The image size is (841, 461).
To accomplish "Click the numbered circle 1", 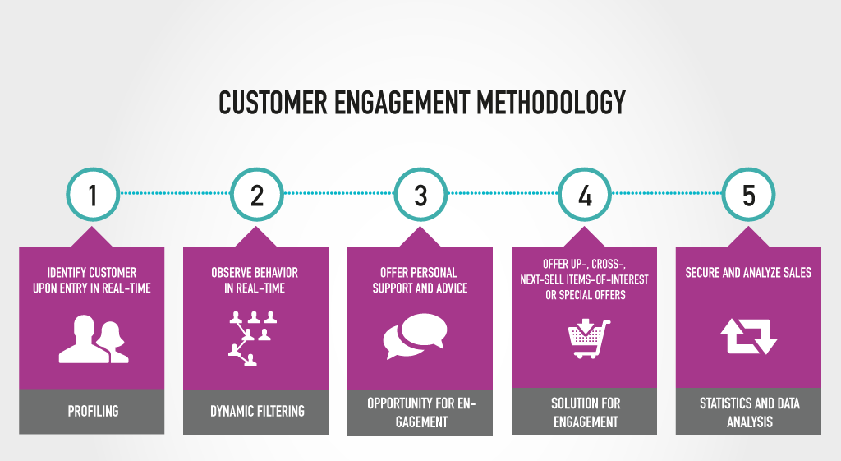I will click(93, 195).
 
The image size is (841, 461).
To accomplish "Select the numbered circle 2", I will click(257, 195).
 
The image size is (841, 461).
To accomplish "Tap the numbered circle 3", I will click(420, 195).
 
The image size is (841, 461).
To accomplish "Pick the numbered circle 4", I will click(585, 195).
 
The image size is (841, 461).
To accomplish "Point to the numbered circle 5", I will click(748, 195).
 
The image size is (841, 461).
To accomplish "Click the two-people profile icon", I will click(93, 339).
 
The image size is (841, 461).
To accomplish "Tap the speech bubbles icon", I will click(416, 337).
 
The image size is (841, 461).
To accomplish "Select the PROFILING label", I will click(93, 410).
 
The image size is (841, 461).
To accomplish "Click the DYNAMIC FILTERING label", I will click(257, 410).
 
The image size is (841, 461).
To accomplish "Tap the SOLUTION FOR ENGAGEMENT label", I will click(585, 413).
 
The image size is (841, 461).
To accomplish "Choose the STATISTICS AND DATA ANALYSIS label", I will click(748, 413).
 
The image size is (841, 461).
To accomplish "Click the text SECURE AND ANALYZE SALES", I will click(748, 272).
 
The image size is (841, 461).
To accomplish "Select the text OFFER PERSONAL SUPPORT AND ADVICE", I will click(420, 280).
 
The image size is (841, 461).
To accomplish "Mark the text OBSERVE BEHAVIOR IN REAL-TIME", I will click(255, 280).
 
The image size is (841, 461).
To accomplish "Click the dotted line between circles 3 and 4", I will click(503, 194).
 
